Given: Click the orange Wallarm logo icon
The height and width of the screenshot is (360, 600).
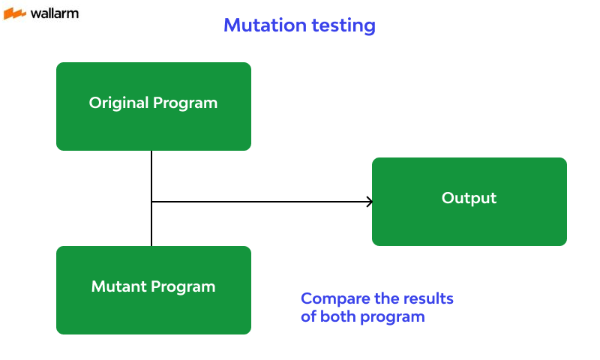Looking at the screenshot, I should [x=14, y=13].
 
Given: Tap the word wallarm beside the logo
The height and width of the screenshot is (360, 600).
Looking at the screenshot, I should [x=54, y=13].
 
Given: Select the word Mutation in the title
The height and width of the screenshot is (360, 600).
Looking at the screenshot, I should [x=262, y=25].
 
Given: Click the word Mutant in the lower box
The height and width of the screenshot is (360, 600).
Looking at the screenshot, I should [x=117, y=286].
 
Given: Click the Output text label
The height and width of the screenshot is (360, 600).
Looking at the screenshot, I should [x=469, y=198].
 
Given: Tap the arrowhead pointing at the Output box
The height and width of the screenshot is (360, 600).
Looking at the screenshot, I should [x=369, y=202].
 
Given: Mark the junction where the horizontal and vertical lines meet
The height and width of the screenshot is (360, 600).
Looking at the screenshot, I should [x=151, y=202].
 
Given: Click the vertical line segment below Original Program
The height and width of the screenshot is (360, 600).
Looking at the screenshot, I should [x=151, y=175].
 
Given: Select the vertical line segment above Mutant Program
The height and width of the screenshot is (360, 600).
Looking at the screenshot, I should [x=151, y=225].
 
